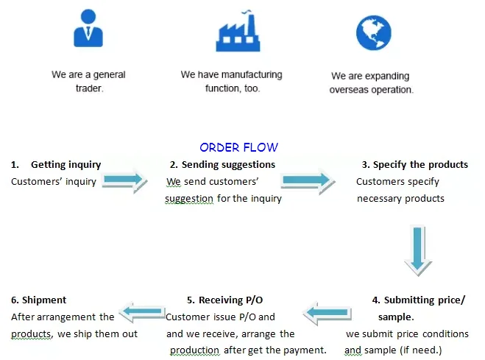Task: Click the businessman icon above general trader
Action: coord(88,29)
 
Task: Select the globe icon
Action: coord(372,32)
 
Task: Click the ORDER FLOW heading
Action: coord(238,147)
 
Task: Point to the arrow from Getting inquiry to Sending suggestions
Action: coord(123,179)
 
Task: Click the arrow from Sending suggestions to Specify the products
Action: coord(306,179)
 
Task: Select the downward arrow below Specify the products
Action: coord(417,250)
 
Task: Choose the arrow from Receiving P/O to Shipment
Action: coord(143,313)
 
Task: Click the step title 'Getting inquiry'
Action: coord(66,164)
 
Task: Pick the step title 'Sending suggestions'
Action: coord(228,164)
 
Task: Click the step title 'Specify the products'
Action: coord(420,164)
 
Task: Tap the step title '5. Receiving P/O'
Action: coord(224,300)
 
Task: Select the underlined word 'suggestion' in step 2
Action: coord(189,198)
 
